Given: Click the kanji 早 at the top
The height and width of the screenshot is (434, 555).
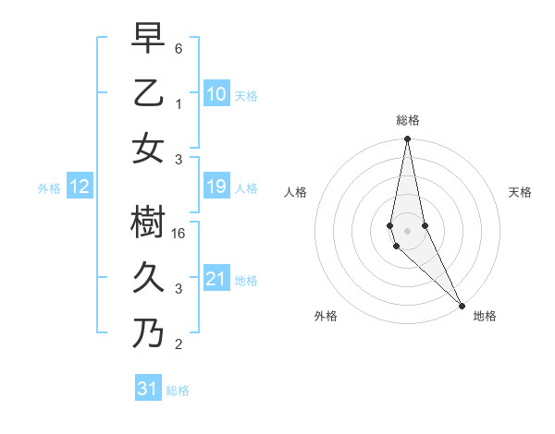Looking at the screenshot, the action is click(x=148, y=38).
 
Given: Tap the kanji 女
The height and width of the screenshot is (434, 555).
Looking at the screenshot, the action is click(x=148, y=148).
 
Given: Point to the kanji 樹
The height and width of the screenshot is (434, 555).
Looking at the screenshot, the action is click(x=148, y=222).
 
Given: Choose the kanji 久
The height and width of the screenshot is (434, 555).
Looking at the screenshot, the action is click(x=148, y=277).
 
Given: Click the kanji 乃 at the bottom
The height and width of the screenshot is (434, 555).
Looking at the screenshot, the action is click(x=148, y=332).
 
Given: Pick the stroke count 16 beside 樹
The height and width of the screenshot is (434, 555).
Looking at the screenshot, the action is click(x=181, y=235).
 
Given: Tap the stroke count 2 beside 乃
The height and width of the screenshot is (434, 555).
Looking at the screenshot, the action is click(x=179, y=345).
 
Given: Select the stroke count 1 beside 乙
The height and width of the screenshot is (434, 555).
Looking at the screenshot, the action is click(x=179, y=104).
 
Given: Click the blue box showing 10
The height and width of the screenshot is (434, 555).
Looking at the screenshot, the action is click(x=216, y=93).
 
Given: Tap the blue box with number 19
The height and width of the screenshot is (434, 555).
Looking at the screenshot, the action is click(x=216, y=187).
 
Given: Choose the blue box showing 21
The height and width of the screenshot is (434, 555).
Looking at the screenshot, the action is click(x=216, y=279).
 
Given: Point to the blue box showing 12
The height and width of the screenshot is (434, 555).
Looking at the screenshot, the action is click(x=79, y=187).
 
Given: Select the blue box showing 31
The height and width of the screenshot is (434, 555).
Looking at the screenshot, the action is click(x=147, y=389).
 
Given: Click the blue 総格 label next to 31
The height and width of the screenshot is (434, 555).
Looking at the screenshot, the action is click(x=178, y=391).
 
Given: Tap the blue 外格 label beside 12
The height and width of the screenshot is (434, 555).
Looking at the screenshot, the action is click(x=49, y=188).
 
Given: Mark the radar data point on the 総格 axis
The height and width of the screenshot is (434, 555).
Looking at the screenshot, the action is click(x=407, y=139).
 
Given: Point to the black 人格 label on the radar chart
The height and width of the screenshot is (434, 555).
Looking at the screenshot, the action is click(x=296, y=193).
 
